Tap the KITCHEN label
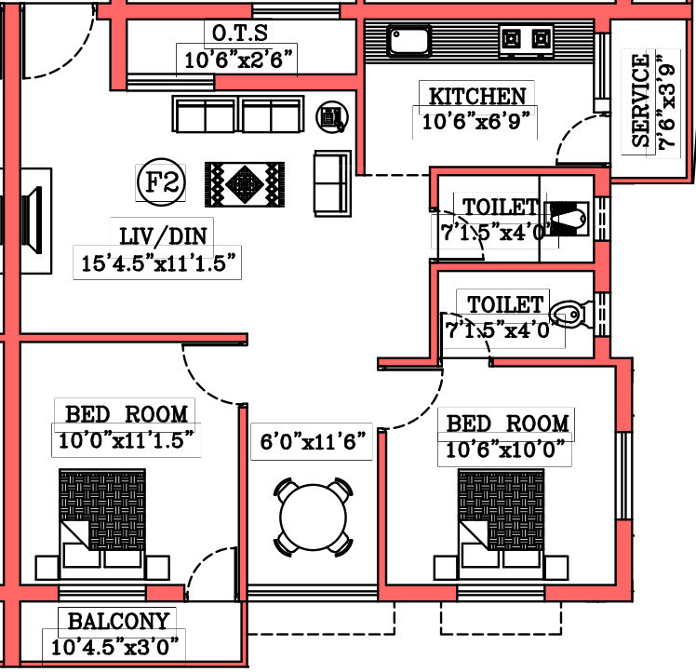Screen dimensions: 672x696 click(x=476, y=96)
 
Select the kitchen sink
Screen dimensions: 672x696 click(x=408, y=41)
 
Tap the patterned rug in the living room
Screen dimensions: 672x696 click(x=245, y=183)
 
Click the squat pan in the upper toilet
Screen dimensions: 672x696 click(x=565, y=220)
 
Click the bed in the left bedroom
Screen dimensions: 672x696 click(x=102, y=519)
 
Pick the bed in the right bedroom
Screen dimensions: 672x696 click(x=502, y=519)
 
